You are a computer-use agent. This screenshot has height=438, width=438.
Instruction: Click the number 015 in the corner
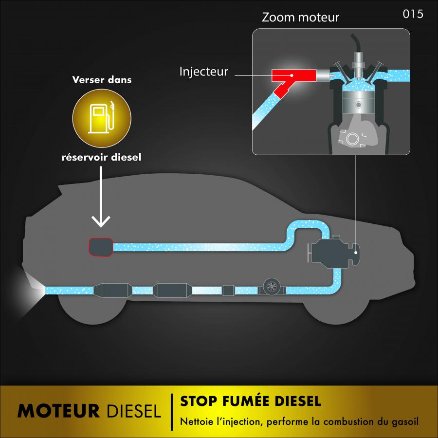(x=413, y=14)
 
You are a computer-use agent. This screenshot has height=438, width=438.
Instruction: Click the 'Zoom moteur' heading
(x=300, y=18)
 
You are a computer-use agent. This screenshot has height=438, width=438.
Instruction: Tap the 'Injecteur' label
(x=203, y=72)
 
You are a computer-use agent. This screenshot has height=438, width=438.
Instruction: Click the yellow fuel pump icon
(x=102, y=118)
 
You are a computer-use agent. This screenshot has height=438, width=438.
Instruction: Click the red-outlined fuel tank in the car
(x=101, y=247)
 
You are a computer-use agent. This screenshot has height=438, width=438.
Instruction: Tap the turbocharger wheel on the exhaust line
(x=271, y=287)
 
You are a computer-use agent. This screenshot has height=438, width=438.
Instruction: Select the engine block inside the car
(x=334, y=252)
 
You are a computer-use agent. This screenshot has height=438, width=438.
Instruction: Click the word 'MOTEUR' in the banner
(x=58, y=411)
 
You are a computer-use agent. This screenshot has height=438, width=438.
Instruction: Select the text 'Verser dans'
(x=102, y=80)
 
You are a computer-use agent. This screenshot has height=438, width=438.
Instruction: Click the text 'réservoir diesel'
(x=101, y=157)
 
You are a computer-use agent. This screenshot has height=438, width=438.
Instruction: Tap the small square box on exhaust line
(x=228, y=290)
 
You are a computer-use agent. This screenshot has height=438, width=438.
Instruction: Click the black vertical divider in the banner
(x=172, y=412)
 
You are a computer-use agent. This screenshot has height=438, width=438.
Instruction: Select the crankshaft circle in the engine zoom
(x=351, y=139)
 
